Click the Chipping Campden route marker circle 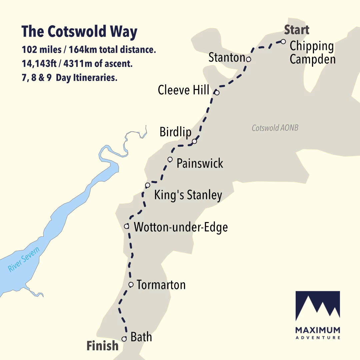(283, 42)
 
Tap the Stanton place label (227, 58)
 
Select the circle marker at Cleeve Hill (217, 92)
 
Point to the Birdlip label (176, 132)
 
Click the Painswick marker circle (170, 159)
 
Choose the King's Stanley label (188, 195)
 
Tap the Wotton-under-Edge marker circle (126, 226)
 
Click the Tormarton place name (161, 285)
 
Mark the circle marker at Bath (124, 339)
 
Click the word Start (296, 30)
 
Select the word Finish (102, 346)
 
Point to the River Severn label (24, 259)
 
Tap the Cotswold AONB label (275, 128)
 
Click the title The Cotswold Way (79, 32)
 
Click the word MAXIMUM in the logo (318, 330)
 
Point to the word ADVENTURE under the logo (318, 338)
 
